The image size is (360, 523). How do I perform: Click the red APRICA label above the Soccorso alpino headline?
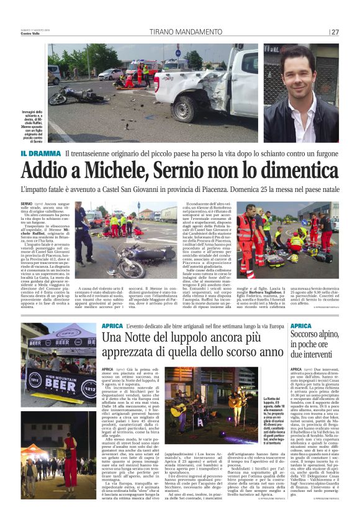pos(301,325)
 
